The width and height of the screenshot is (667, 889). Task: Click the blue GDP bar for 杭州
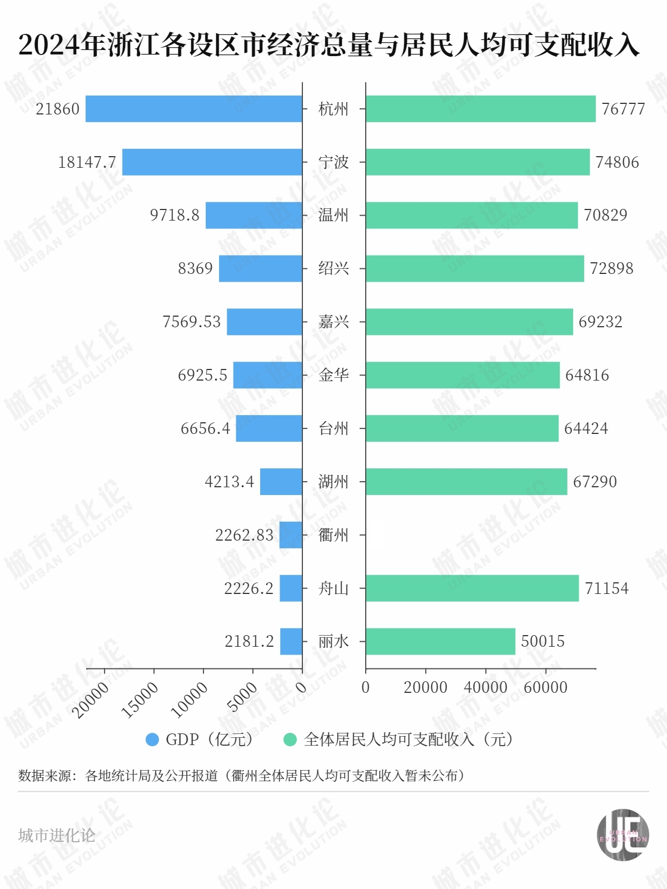pyautogui.click(x=193, y=109)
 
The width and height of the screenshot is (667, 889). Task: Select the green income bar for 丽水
pyautogui.click(x=440, y=641)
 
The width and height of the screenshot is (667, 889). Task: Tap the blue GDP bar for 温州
pyautogui.click(x=253, y=215)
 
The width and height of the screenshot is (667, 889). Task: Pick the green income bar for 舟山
pyautogui.click(x=472, y=588)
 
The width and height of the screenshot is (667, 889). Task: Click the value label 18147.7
pyautogui.click(x=87, y=162)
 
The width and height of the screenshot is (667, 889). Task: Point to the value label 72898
pyautogui.click(x=611, y=268)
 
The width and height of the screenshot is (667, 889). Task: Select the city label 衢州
pyautogui.click(x=333, y=535)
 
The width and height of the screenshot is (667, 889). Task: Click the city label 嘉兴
pyautogui.click(x=333, y=322)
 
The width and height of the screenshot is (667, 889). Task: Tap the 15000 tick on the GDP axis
pyautogui.click(x=140, y=700)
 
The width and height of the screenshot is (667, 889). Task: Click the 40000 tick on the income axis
pyautogui.click(x=485, y=687)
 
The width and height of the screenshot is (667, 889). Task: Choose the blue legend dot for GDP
pyautogui.click(x=152, y=740)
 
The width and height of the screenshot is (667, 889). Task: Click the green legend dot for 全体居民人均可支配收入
pyautogui.click(x=290, y=740)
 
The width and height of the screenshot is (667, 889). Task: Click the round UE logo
pyautogui.click(x=623, y=835)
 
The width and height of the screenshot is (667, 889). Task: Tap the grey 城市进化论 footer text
pyautogui.click(x=57, y=836)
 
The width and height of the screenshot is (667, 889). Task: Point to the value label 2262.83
pyautogui.click(x=244, y=535)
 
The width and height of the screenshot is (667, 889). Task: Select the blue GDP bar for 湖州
pyautogui.click(x=281, y=482)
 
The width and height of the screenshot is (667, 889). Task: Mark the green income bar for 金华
pyautogui.click(x=462, y=375)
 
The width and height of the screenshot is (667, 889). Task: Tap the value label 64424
pyautogui.click(x=586, y=428)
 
